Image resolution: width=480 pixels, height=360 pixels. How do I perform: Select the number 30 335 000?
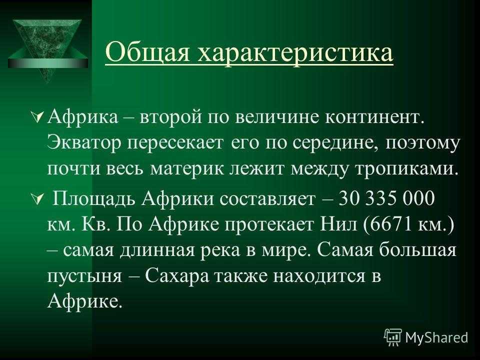[387, 198]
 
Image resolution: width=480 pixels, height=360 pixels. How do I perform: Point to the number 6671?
[391, 225]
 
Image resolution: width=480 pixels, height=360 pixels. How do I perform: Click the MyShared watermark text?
[437, 338]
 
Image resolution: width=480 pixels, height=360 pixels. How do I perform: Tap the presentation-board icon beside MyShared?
[393, 337]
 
